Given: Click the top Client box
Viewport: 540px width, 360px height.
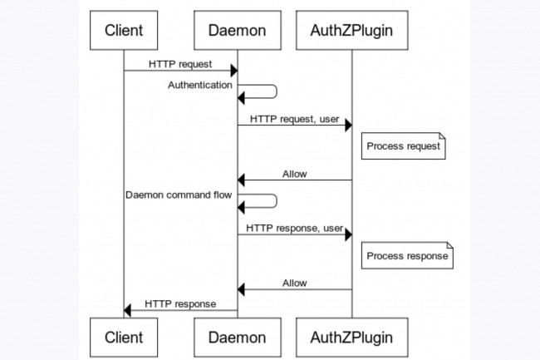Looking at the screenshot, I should coord(124,31).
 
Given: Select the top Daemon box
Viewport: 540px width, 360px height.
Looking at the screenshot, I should coord(238,31).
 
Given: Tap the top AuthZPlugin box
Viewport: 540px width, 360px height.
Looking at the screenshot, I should coord(351,31).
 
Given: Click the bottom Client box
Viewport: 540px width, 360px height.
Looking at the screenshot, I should coord(124,337).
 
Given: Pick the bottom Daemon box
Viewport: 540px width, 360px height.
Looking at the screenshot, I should coord(238,337).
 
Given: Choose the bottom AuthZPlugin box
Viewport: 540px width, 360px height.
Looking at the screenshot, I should coord(351,337).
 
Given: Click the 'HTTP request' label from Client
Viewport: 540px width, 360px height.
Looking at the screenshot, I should coord(180,63).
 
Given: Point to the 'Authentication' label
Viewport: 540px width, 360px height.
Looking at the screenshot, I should coord(200,85).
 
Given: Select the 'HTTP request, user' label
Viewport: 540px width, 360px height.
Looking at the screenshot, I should coord(294,119).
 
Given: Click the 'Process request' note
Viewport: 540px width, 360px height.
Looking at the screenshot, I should coord(404,146).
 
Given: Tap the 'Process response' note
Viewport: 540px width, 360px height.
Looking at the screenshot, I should coord(407,255).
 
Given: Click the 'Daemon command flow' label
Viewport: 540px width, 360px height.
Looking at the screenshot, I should coord(179,195).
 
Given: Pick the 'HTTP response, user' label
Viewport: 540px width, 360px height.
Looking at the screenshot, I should coord(294,228).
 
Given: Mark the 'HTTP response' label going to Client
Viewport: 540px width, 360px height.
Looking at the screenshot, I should coord(180,303).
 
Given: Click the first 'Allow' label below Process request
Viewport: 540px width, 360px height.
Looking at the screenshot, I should coord(294,174).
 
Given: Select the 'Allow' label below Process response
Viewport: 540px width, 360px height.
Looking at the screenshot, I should coord(294,283).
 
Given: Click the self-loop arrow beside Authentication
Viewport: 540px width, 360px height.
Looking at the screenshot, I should coord(266,91).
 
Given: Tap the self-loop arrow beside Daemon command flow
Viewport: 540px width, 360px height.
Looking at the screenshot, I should coord(266,200).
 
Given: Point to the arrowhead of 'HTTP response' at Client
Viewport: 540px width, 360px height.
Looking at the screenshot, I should coord(128,310).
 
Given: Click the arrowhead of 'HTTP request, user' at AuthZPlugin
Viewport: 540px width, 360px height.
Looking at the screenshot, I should coord(347,125).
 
